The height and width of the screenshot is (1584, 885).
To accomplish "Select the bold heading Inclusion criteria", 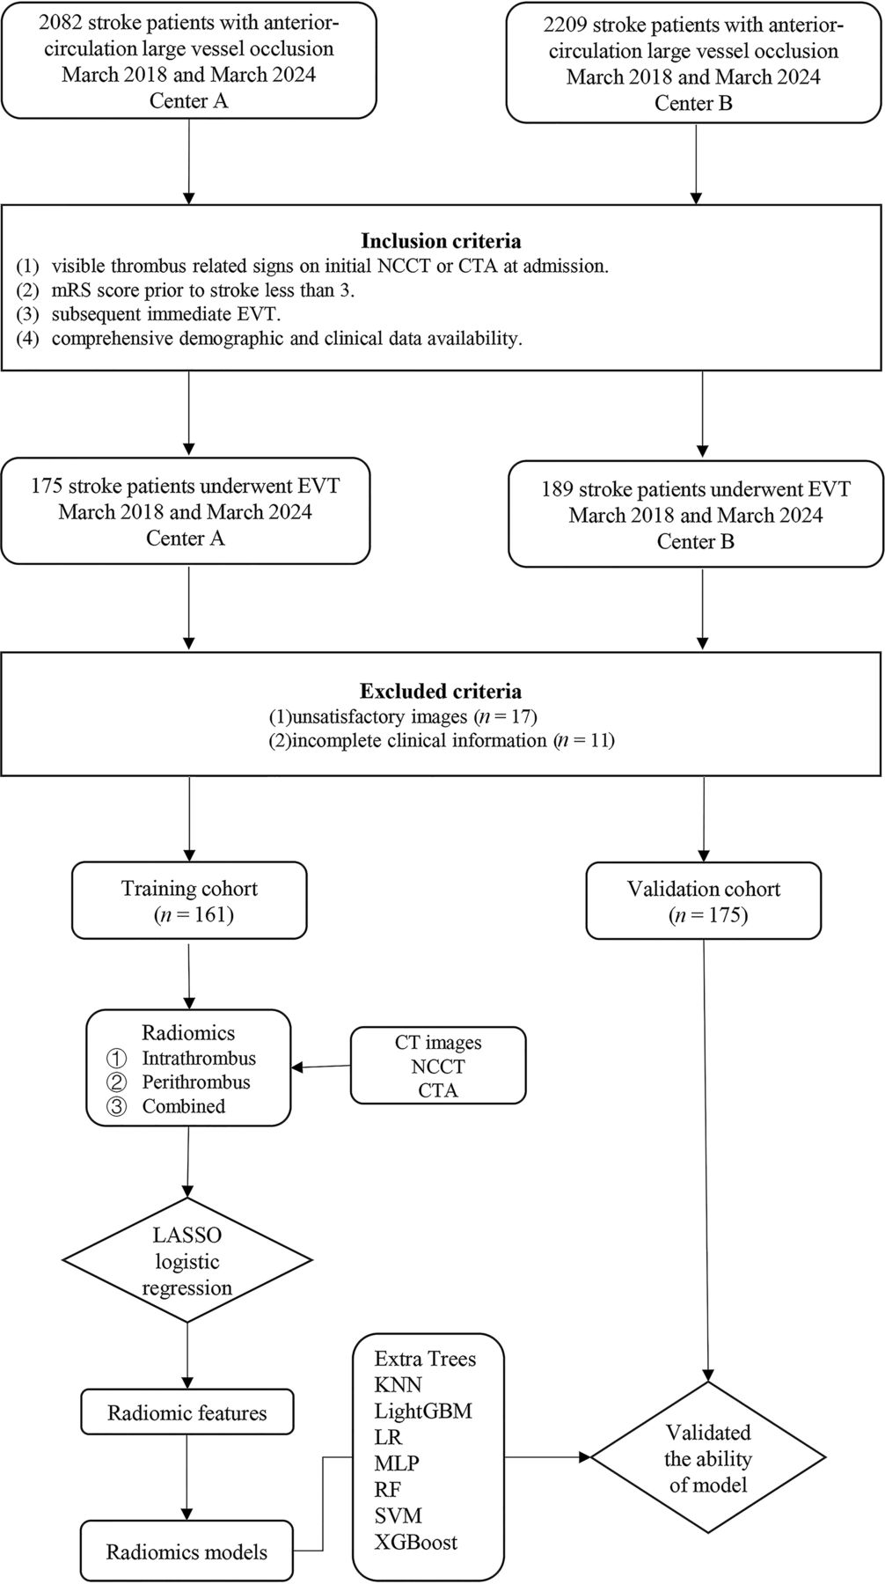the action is [x=441, y=240].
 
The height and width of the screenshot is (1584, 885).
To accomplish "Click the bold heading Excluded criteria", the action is [x=442, y=691].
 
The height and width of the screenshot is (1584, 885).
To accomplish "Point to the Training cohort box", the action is [x=189, y=900].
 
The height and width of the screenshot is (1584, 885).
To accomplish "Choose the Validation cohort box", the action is [x=703, y=900].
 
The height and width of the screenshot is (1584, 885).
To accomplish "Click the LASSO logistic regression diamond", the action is [x=187, y=1261].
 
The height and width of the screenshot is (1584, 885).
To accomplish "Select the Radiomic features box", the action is [x=187, y=1413].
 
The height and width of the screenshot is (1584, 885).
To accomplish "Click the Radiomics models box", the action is [x=187, y=1551].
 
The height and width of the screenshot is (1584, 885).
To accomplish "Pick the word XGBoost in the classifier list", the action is [x=415, y=1542].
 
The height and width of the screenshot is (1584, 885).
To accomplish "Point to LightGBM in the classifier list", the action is [x=423, y=1411].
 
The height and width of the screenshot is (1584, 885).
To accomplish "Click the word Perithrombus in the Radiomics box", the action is [x=196, y=1082].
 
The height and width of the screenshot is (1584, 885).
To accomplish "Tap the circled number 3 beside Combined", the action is [x=116, y=1107].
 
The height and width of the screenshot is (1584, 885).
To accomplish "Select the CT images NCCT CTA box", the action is [x=438, y=1066].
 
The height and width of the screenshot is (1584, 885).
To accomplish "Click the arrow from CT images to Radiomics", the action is [x=321, y=1067].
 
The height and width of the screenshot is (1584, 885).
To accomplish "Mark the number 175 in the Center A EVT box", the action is [x=46, y=486].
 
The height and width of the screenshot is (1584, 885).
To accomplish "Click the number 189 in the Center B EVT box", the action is [x=557, y=489].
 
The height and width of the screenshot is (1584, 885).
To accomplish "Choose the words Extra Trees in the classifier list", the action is [x=425, y=1358].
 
